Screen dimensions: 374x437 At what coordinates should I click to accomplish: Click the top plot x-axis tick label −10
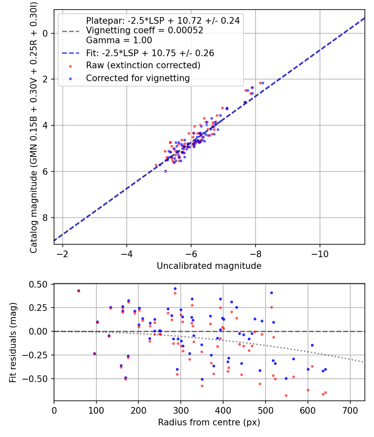[x=320, y=254]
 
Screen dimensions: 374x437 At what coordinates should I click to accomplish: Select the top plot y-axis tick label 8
[x=45, y=218]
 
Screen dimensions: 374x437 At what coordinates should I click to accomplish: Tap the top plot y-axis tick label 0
[x=45, y=33]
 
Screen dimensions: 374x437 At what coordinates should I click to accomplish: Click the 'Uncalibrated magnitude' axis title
[x=209, y=266]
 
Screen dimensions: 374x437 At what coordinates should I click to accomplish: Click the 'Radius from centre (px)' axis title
[x=209, y=422]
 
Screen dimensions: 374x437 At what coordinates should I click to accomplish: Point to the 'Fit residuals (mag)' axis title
[x=13, y=343]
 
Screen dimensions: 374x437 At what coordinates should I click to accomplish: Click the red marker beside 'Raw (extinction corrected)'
[x=70, y=66]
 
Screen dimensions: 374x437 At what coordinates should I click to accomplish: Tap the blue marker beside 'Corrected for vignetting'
[x=70, y=79]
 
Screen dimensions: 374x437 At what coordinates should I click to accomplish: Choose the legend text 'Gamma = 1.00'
[x=119, y=40]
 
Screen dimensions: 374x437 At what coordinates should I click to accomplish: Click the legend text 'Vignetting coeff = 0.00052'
[x=145, y=30]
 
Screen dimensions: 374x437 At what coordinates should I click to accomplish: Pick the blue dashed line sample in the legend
[x=71, y=53]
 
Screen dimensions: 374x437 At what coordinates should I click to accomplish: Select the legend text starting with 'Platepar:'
[x=163, y=21]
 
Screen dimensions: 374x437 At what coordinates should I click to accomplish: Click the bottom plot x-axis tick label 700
[x=350, y=410]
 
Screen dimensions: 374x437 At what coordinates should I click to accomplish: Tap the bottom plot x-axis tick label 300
[x=181, y=410]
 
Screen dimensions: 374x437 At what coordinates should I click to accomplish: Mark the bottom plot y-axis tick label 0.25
[x=38, y=308]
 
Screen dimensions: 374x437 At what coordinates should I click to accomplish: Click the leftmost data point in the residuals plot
[x=79, y=291]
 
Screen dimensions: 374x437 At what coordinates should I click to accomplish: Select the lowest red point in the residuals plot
[x=286, y=396]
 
